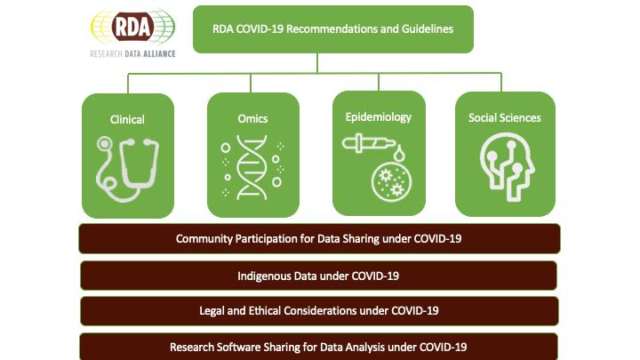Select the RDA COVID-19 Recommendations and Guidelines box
coord(333,28)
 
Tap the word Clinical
coord(126,119)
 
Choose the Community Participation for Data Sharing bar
coord(319,239)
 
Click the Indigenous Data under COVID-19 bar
coord(319,276)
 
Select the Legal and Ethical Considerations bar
coord(319,311)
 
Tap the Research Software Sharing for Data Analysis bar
coord(319,346)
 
